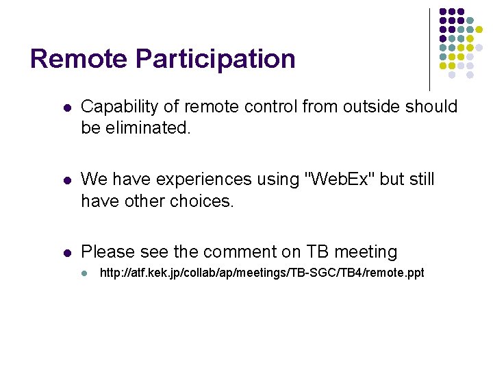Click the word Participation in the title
tap(216, 59)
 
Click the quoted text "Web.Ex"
tap(339, 180)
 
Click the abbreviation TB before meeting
tap(317, 252)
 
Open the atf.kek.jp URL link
tap(262, 273)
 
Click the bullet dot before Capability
tap(66, 108)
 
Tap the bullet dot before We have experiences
tap(66, 181)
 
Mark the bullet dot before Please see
tap(66, 254)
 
